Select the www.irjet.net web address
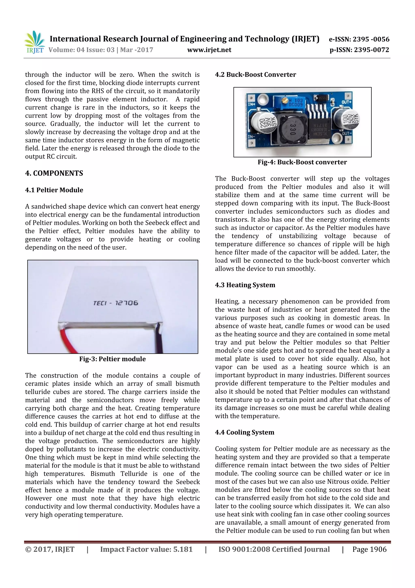point(209,50)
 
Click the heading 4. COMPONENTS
point(54,173)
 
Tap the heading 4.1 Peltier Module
point(54,190)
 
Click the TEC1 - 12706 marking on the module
point(116,303)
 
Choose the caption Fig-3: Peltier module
point(112,359)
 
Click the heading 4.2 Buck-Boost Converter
point(256,75)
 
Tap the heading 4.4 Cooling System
point(244,432)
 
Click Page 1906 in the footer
point(369,549)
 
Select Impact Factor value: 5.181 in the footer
point(146,549)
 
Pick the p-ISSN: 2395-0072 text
point(359,50)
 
